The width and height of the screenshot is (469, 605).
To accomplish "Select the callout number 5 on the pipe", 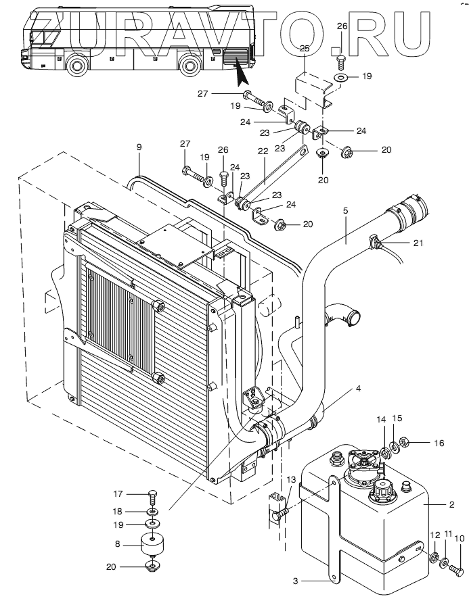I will [x=345, y=211].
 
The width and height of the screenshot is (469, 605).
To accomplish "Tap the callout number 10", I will [x=460, y=539].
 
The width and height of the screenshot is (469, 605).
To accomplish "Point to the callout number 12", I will [x=434, y=536].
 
